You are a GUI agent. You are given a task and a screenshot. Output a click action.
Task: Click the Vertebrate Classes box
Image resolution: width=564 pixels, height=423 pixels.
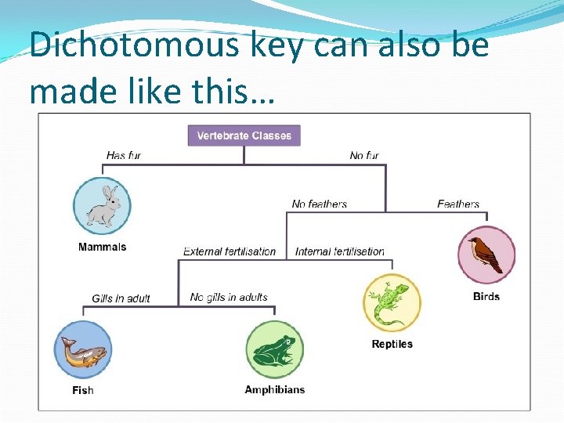point(244,136)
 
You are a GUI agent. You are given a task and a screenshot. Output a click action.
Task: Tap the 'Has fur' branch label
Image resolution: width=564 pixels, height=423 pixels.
point(124,155)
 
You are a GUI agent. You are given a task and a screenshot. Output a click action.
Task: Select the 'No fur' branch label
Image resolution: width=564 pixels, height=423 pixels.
point(364,155)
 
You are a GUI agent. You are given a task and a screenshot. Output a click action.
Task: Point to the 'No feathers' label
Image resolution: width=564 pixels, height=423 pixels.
point(319,204)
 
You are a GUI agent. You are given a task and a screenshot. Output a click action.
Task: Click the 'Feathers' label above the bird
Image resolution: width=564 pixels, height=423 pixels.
point(458,204)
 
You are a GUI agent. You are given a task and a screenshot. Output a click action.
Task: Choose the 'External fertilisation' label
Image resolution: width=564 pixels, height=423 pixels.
point(230,251)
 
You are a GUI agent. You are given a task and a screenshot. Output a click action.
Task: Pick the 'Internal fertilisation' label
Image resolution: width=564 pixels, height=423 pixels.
point(340,251)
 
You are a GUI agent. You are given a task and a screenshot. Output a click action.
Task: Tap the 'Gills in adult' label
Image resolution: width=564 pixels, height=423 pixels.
point(121,298)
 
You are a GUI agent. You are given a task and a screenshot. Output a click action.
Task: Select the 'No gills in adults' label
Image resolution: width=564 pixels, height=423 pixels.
point(229,298)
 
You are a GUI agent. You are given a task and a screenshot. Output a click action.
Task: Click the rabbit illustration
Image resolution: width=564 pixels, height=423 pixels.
point(102,207)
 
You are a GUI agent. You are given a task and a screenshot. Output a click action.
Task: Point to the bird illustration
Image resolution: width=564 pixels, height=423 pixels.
point(486,254)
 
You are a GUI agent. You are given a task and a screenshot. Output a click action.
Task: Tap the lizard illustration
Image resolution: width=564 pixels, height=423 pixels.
point(392,303)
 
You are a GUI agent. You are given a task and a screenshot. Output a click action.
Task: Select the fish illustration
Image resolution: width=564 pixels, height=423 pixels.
point(83,350)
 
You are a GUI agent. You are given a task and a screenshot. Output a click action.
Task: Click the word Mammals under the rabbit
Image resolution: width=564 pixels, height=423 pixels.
point(102,247)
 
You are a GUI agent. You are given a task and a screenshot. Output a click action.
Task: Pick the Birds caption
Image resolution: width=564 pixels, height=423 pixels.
point(486,296)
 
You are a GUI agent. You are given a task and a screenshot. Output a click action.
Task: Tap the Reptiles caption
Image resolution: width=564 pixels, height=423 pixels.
point(392,344)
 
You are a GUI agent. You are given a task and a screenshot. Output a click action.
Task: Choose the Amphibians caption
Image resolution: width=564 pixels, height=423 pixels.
point(275,389)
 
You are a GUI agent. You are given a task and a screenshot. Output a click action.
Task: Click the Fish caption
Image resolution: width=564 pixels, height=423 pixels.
point(82,390)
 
